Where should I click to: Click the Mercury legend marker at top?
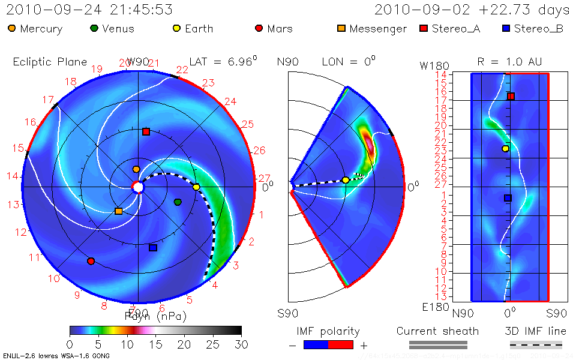pyautogui.click(x=12, y=28)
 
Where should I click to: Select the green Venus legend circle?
pyautogui.click(x=94, y=28)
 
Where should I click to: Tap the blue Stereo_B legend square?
pyautogui.click(x=505, y=28)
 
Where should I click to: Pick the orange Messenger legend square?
pyautogui.click(x=341, y=28)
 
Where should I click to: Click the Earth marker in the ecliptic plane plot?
pyautogui.click(x=196, y=187)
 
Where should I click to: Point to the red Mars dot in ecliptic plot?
pyautogui.click(x=91, y=261)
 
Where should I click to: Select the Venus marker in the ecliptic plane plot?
pyautogui.click(x=178, y=202)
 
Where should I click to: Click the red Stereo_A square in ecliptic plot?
pyautogui.click(x=146, y=131)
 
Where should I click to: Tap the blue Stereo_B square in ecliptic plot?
pyautogui.click(x=153, y=248)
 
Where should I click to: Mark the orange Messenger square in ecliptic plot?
pyautogui.click(x=118, y=211)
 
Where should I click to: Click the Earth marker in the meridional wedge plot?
pyautogui.click(x=346, y=180)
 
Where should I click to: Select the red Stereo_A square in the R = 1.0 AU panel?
pyautogui.click(x=511, y=96)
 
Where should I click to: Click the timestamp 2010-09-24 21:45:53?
pyautogui.click(x=89, y=10)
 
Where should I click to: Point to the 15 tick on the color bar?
pyautogui.click(x=155, y=344)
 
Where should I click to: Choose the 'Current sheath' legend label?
pyautogui.click(x=437, y=331)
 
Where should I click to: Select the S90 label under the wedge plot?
pyautogui.click(x=287, y=313)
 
